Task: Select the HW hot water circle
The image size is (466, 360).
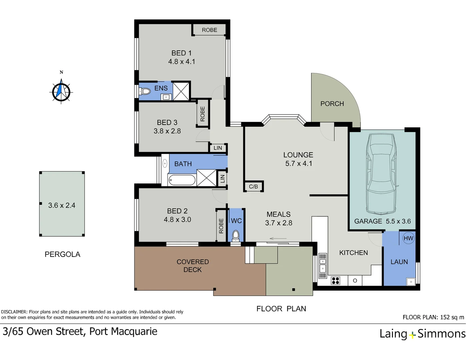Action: tap(408, 238)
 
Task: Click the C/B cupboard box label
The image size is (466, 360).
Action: tap(253, 187)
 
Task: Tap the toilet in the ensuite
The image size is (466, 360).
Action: tap(145, 91)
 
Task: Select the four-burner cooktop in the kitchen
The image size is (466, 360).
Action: tap(335, 281)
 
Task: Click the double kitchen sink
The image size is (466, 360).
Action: tap(322, 266)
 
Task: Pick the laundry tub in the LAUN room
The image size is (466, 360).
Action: tap(411, 282)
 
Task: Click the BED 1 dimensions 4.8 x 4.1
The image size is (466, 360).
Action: tap(182, 62)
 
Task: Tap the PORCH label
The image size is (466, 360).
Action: tap(332, 104)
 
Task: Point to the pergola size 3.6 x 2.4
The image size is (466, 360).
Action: tap(62, 205)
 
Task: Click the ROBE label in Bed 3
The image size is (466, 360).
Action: tap(202, 114)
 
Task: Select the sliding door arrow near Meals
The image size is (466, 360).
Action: tap(278, 239)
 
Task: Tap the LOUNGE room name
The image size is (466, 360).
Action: tap(298, 155)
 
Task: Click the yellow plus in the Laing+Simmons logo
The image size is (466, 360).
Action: tap(412, 335)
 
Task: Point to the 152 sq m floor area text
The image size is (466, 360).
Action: tap(452, 317)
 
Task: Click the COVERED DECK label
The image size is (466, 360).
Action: tap(193, 266)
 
